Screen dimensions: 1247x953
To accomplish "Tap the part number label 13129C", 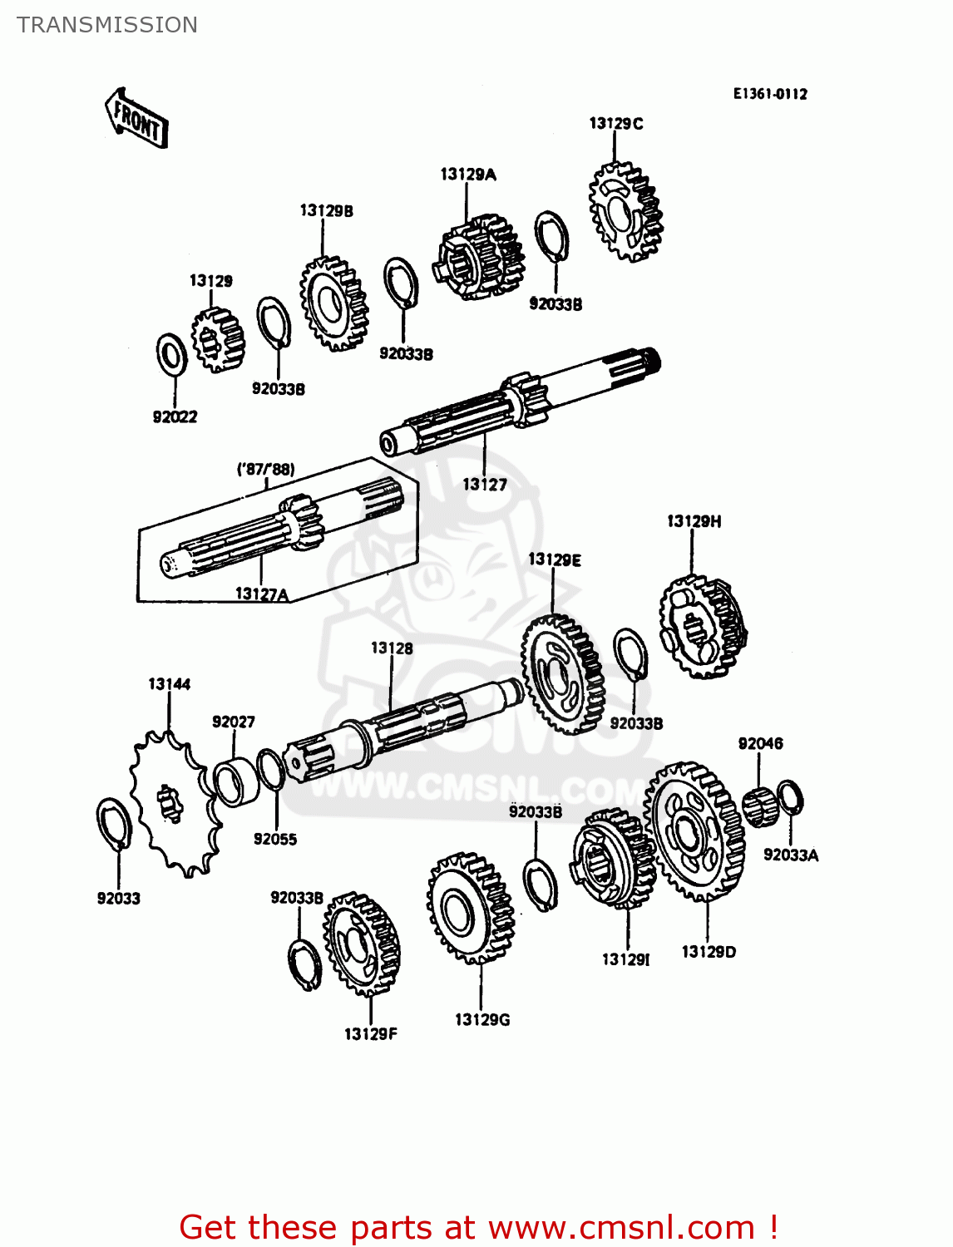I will pyautogui.click(x=615, y=124).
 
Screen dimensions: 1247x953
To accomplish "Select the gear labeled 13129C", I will pyautogui.click(x=625, y=211).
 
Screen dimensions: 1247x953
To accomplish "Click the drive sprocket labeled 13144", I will pyautogui.click(x=175, y=802).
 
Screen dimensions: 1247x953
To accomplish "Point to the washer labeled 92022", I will pyautogui.click(x=171, y=355).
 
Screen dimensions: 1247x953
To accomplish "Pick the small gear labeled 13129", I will pyautogui.click(x=217, y=339).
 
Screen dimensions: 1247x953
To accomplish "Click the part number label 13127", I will pyautogui.click(x=484, y=485).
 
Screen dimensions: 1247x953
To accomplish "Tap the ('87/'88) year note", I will pyautogui.click(x=265, y=469).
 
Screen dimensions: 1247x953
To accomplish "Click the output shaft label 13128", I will pyautogui.click(x=391, y=648).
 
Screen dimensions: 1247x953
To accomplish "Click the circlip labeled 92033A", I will pyautogui.click(x=790, y=798).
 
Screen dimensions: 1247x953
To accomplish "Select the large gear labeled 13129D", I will pyautogui.click(x=695, y=831).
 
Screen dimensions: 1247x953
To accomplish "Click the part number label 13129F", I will pyautogui.click(x=370, y=1034).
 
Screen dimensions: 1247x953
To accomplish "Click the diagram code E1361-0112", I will pyautogui.click(x=769, y=94).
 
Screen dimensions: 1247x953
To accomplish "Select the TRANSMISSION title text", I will pyautogui.click(x=107, y=25).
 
